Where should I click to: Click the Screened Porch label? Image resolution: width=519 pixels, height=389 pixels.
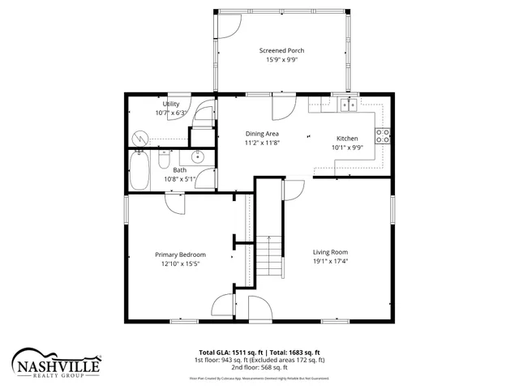point(281,50)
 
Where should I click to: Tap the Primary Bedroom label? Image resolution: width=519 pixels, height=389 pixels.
point(180,254)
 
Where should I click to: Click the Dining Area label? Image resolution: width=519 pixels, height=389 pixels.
point(262,133)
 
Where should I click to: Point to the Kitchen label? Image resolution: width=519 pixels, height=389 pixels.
point(347,139)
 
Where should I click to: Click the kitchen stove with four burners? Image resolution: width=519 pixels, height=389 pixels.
point(383,135)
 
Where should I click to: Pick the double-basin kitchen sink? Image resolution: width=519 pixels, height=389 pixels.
point(350,105)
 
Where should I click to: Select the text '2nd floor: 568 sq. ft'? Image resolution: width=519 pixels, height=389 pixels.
point(258,367)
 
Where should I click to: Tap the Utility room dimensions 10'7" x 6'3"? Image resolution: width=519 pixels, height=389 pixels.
point(171,113)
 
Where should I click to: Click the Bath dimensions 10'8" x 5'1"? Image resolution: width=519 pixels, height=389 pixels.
point(180,179)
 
